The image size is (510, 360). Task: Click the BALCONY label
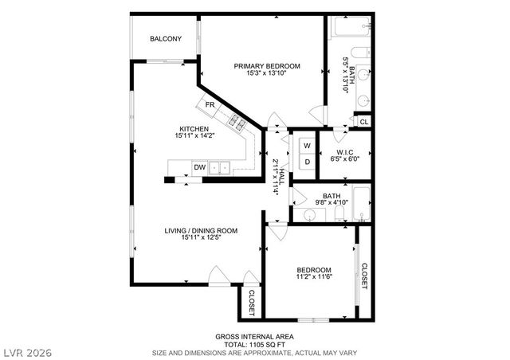coord(166,39)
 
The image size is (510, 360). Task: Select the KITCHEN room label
coord(194,129)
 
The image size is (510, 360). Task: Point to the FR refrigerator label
coord(210,105)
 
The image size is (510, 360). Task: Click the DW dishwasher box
coord(199,167)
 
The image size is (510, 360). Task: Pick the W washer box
coord(306,146)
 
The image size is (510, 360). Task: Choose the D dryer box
coord(306,162)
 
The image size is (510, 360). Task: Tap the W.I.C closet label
coord(345,151)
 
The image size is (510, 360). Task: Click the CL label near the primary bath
coord(363,122)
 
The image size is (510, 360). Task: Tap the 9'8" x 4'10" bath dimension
coord(331,203)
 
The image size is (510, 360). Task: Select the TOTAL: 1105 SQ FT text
coord(255,343)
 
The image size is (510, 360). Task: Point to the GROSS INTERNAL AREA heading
coord(255,336)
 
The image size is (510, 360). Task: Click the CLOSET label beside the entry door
coord(251,301)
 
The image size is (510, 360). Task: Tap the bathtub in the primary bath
coord(347,30)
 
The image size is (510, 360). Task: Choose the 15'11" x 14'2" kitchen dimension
coord(194,136)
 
